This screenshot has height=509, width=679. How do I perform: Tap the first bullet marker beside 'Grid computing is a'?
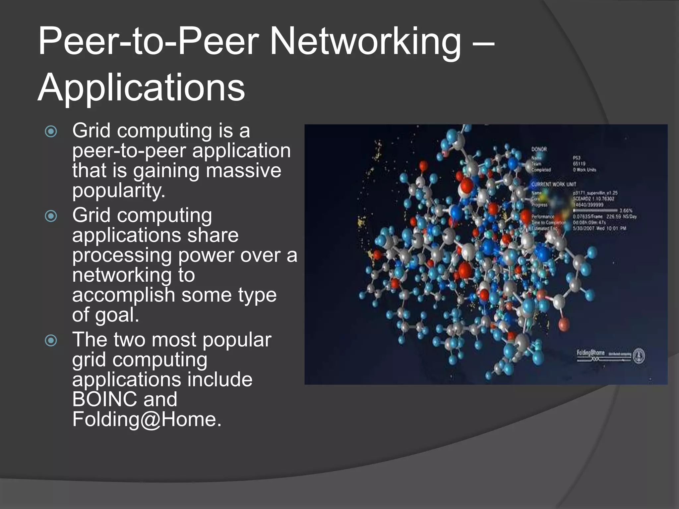(x=51, y=132)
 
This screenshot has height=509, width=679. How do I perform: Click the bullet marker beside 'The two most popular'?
(x=51, y=340)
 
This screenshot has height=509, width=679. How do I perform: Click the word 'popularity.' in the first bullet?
(x=119, y=191)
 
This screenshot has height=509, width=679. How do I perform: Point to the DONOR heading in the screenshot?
(x=539, y=149)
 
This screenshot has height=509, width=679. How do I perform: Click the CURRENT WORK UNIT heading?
(x=554, y=184)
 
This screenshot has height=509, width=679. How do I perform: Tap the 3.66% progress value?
(x=626, y=210)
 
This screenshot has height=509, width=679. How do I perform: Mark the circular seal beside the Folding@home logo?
(x=639, y=356)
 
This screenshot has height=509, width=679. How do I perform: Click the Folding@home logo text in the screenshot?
(x=590, y=353)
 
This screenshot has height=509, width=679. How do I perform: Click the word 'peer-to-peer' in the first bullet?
(x=130, y=151)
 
